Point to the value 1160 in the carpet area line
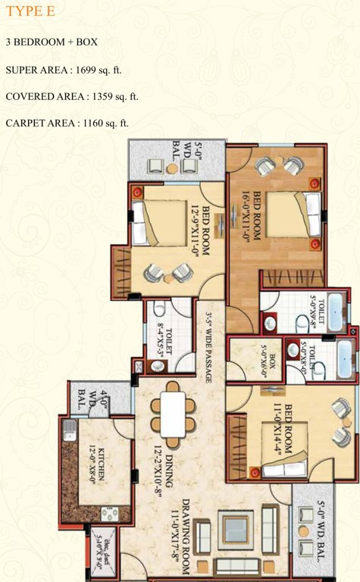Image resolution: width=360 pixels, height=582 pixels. click(x=94, y=123)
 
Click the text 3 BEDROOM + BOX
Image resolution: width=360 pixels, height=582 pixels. click(x=51, y=42)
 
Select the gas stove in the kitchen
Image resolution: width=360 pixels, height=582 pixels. click(x=109, y=515)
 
